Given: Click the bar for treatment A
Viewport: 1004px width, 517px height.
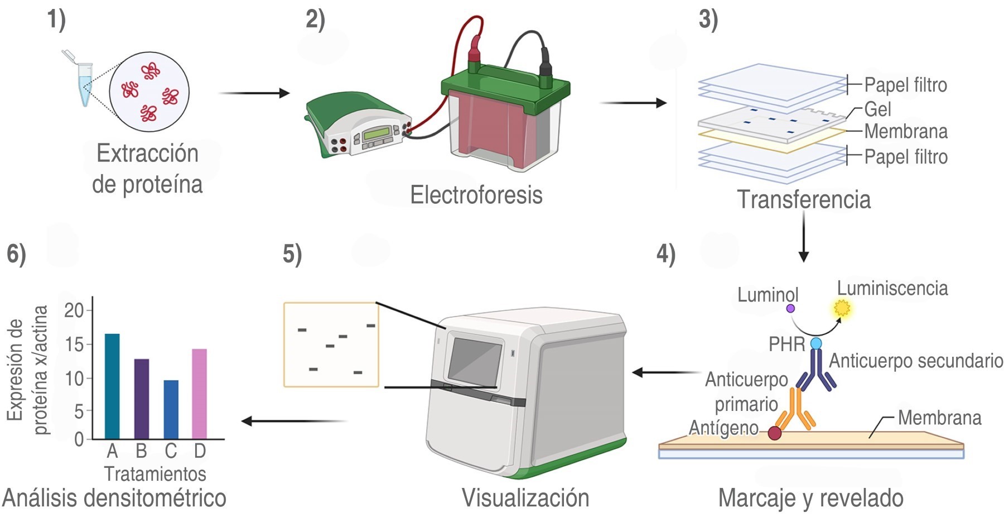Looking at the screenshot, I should pyautogui.click(x=112, y=386).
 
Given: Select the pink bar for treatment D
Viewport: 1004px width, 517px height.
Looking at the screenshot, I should pyautogui.click(x=199, y=394).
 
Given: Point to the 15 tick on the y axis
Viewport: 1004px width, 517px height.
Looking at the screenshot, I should pyautogui.click(x=74, y=344).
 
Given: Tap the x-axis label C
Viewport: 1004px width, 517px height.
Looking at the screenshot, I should pyautogui.click(x=171, y=451).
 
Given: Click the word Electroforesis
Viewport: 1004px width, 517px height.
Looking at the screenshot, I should pyautogui.click(x=476, y=195).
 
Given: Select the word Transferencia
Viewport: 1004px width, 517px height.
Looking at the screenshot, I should pyautogui.click(x=804, y=199).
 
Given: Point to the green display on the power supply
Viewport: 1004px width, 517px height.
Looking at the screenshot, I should pyautogui.click(x=376, y=134).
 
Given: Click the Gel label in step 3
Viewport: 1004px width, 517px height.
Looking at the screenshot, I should pyautogui.click(x=877, y=109).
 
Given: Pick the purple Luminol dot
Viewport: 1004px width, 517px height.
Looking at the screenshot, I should pyautogui.click(x=790, y=308).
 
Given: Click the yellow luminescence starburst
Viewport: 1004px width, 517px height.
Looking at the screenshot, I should pyautogui.click(x=842, y=307).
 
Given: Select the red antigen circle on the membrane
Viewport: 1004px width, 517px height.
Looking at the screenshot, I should pyautogui.click(x=774, y=433).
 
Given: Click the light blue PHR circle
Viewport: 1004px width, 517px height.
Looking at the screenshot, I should pyautogui.click(x=816, y=343).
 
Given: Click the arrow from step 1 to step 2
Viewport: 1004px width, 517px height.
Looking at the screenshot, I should pyautogui.click(x=254, y=93).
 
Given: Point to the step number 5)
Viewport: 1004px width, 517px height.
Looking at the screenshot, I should pyautogui.click(x=292, y=254).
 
